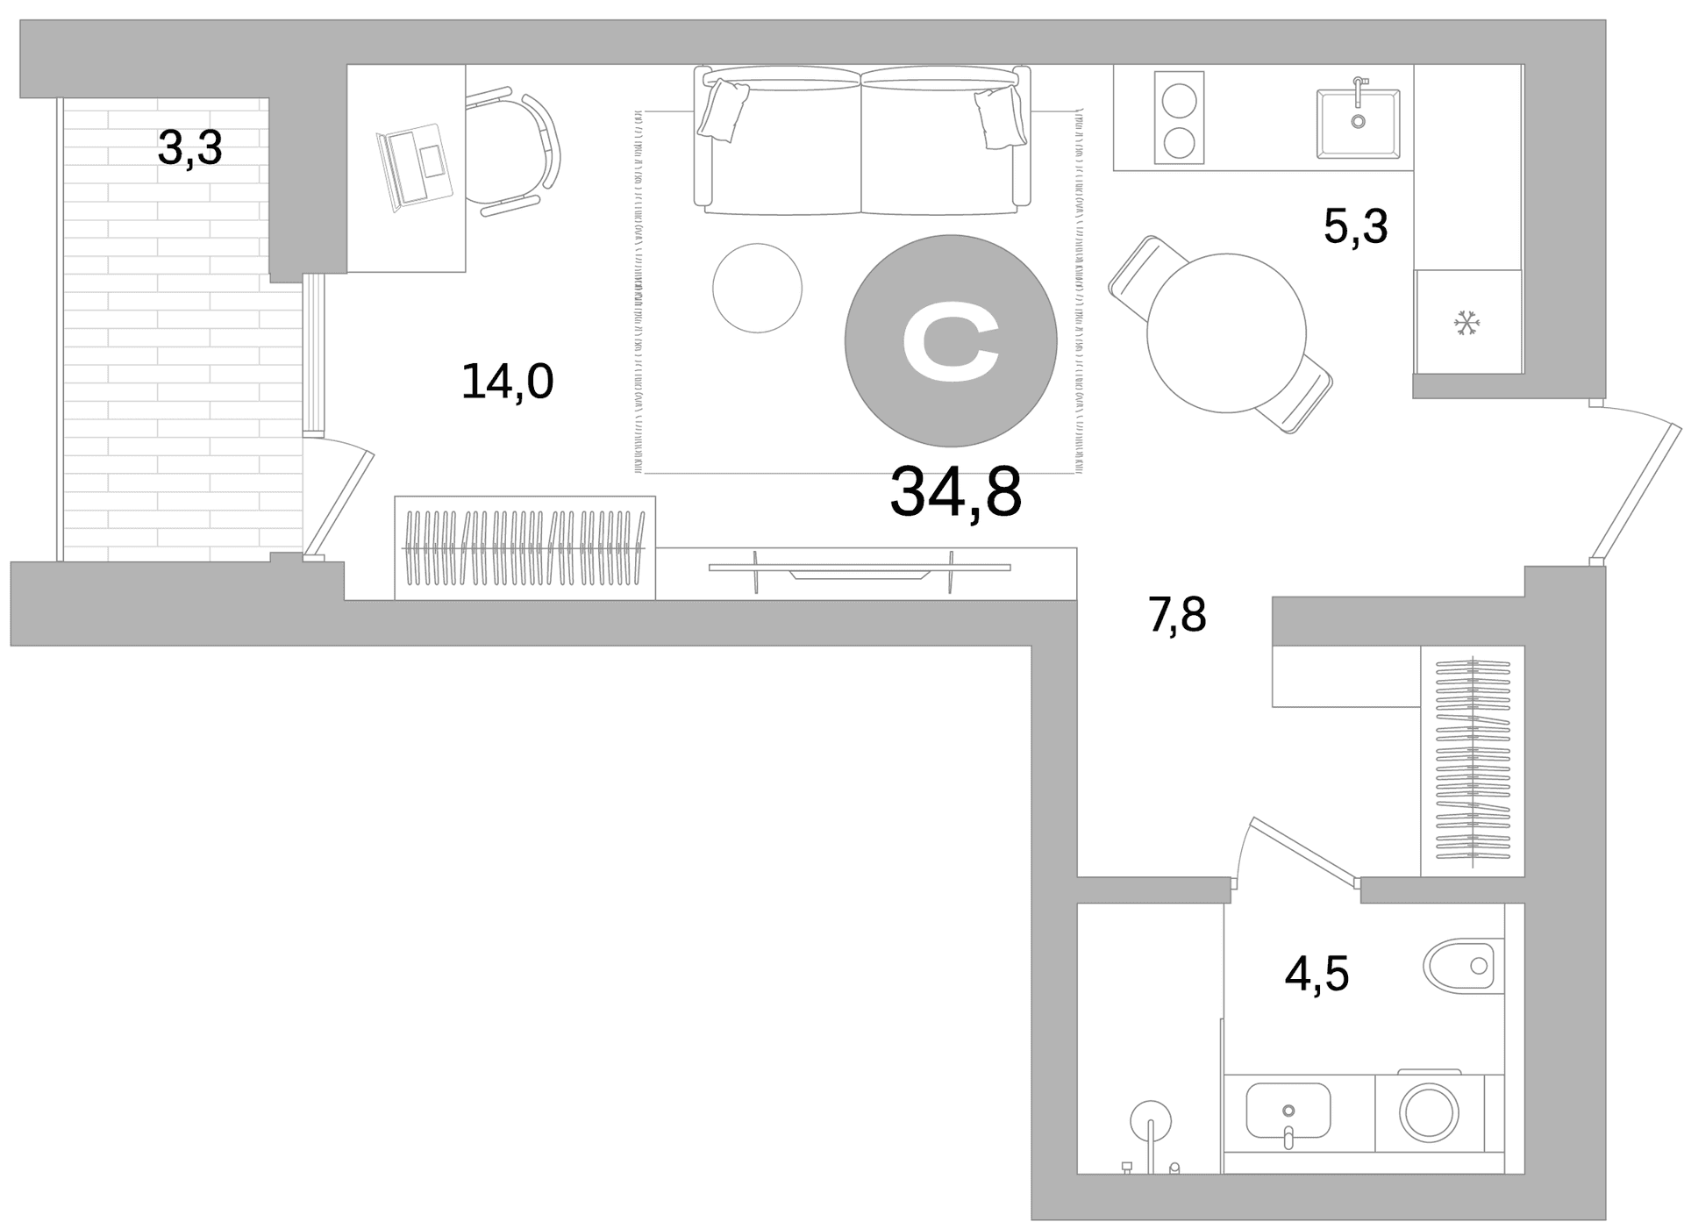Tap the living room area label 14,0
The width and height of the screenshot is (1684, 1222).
coord(507,382)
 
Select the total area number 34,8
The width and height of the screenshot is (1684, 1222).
coord(955,492)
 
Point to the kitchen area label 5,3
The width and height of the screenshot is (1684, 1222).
coord(1355,226)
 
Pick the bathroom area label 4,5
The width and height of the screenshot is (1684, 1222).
coord(1317,974)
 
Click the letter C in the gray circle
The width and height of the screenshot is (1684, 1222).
coord(951,341)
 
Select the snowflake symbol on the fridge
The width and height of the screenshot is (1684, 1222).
coord(1466,323)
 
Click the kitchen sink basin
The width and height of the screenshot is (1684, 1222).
coord(1358,124)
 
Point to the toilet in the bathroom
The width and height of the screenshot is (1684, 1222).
coord(1463,966)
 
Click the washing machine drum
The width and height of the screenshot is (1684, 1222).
coord(1429,1111)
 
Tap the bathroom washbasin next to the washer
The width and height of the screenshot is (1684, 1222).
coord(1288,1111)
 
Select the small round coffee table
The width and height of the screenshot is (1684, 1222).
coord(757,288)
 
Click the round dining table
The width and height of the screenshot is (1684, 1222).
coord(1226,332)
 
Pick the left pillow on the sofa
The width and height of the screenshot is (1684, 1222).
coord(723,110)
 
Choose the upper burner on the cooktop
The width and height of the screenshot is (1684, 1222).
coord(1179,100)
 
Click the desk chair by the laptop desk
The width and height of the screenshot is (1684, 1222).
coord(513,150)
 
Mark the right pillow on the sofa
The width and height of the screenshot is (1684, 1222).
coord(1001,117)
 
